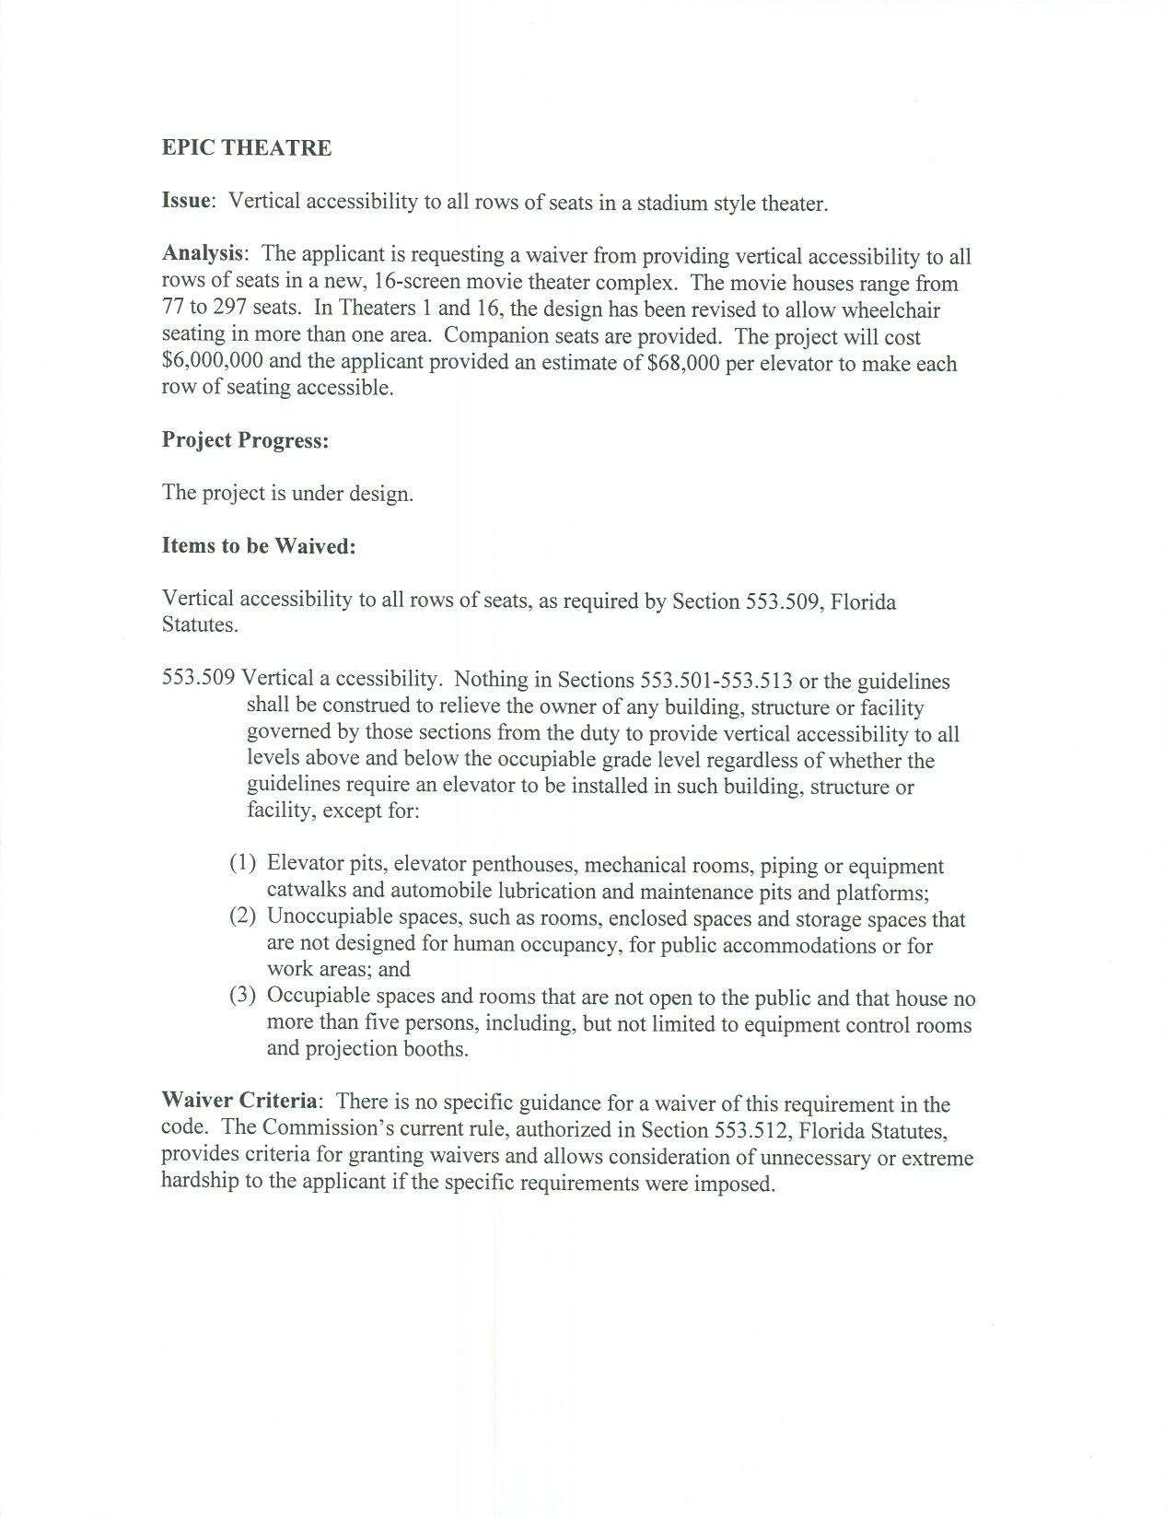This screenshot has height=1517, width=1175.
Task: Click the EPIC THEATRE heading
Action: click(x=247, y=148)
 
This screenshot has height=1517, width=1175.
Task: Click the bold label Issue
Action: click(x=188, y=201)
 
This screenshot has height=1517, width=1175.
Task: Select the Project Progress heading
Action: click(x=245, y=440)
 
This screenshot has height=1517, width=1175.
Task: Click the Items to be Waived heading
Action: click(x=259, y=546)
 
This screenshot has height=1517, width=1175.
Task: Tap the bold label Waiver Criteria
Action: click(x=240, y=1102)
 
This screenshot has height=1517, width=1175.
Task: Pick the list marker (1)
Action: click(x=243, y=864)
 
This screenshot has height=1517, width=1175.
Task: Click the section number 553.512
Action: click(x=744, y=1129)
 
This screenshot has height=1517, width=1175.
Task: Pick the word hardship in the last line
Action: click(x=199, y=1182)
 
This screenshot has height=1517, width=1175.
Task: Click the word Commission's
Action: click(x=319, y=1128)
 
